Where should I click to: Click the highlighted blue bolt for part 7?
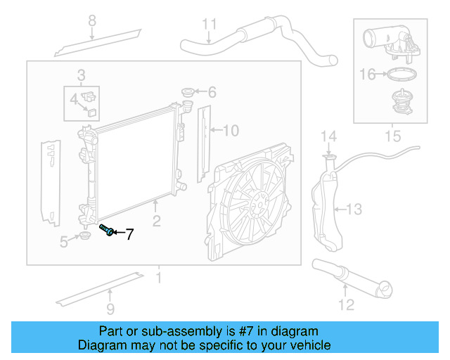(x=107, y=230)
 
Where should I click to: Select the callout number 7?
(x=129, y=235)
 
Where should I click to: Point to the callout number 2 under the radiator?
(x=156, y=221)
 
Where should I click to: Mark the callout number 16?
(x=368, y=73)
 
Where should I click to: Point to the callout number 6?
(x=212, y=92)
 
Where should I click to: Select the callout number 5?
(x=64, y=243)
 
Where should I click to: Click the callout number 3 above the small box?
(x=81, y=75)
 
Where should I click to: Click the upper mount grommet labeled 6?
(x=188, y=92)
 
